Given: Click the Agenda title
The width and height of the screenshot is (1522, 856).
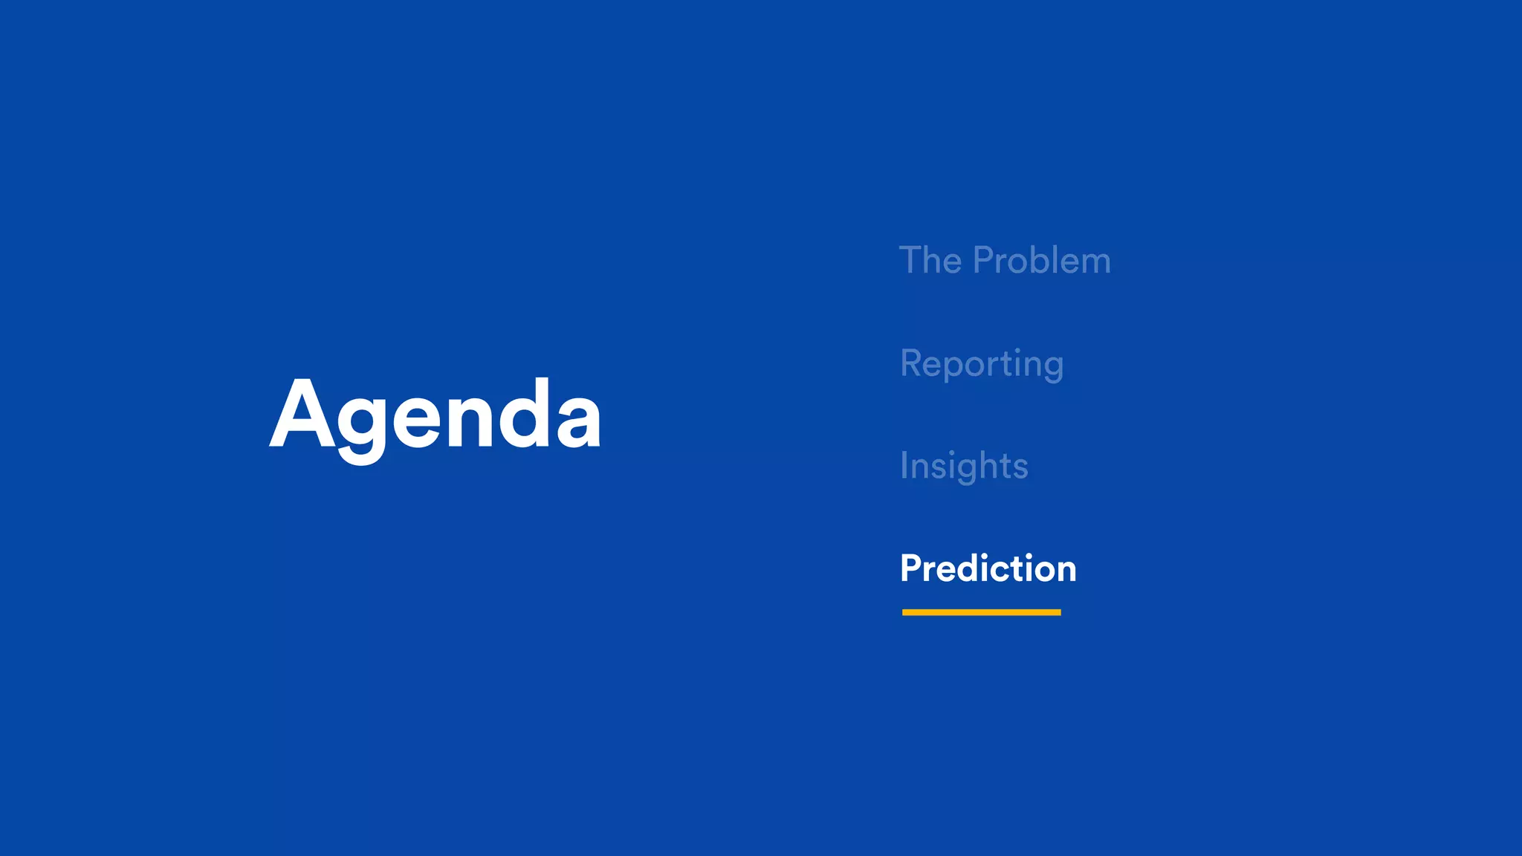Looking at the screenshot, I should pyautogui.click(x=435, y=415).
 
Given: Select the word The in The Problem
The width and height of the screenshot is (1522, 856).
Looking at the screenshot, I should pyautogui.click(x=930, y=261).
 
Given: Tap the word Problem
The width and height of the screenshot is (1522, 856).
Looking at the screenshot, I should pyautogui.click(x=1041, y=261).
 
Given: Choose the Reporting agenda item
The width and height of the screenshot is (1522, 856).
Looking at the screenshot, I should pyautogui.click(x=982, y=365).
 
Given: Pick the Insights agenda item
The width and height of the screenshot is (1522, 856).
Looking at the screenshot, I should pyautogui.click(x=964, y=467).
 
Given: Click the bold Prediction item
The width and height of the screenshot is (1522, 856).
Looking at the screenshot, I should pyautogui.click(x=988, y=568).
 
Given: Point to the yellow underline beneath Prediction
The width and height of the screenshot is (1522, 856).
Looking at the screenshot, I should pyautogui.click(x=981, y=612).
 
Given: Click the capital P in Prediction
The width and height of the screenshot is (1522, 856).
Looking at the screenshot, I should pyautogui.click(x=912, y=568).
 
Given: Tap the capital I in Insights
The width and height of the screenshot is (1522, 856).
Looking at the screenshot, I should pyautogui.click(x=904, y=466).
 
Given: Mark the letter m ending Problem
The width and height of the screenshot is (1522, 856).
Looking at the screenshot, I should pyautogui.click(x=1095, y=264).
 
